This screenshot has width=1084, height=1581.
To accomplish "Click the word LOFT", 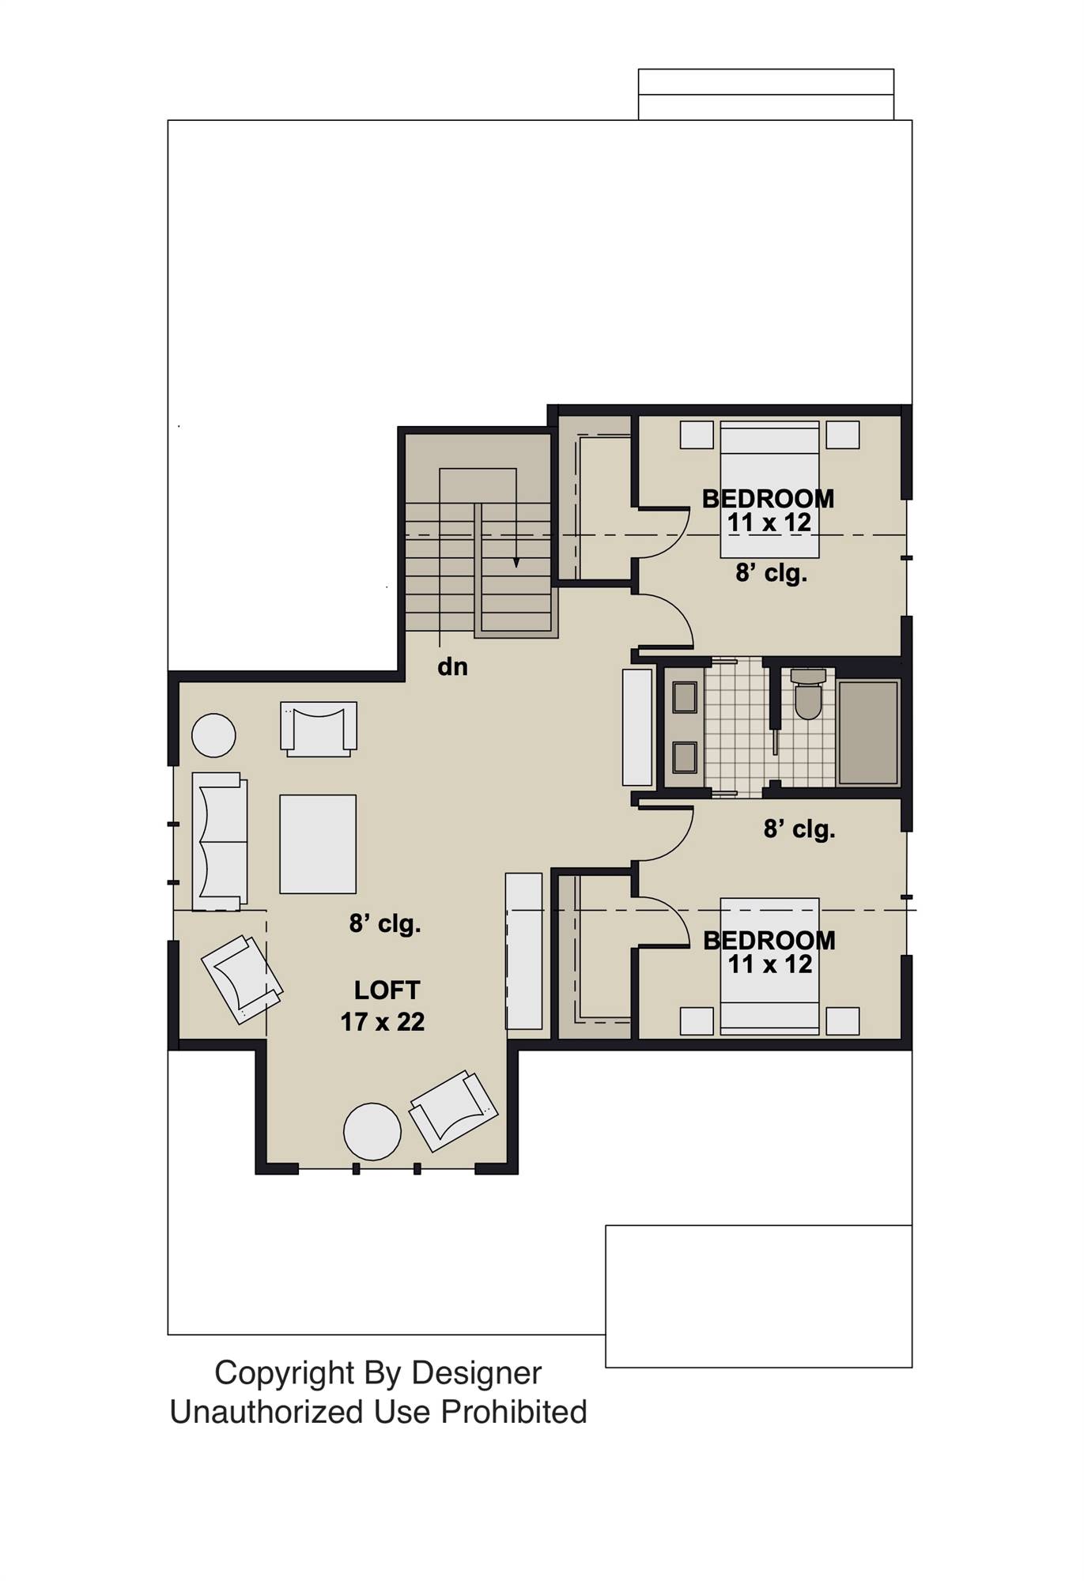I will [387, 990].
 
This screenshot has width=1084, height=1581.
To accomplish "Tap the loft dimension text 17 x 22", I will [383, 1021].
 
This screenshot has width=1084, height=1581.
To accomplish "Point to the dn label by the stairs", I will [452, 666].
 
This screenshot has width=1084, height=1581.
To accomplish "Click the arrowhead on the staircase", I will [516, 562].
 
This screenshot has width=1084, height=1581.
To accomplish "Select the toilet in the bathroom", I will [807, 696].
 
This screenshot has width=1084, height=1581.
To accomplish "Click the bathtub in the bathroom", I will [867, 731].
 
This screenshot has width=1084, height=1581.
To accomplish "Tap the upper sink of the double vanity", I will [684, 698].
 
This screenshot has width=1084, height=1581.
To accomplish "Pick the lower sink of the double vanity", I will [684, 757].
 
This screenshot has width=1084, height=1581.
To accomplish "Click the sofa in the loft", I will [219, 841].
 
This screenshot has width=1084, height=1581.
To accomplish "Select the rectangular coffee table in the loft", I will [317, 843].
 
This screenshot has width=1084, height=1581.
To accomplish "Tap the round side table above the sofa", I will [213, 736].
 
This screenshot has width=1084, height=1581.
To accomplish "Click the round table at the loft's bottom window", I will [372, 1131].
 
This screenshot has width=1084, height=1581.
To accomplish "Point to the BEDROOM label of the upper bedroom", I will [768, 499].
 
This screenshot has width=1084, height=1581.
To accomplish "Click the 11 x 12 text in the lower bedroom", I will [770, 964].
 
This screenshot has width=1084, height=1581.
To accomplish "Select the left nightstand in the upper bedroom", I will [697, 435].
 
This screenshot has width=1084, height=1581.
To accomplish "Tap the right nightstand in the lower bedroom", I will [842, 1021].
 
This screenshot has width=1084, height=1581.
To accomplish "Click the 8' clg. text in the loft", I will [385, 923].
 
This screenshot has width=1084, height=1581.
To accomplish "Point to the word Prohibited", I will [514, 1412].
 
